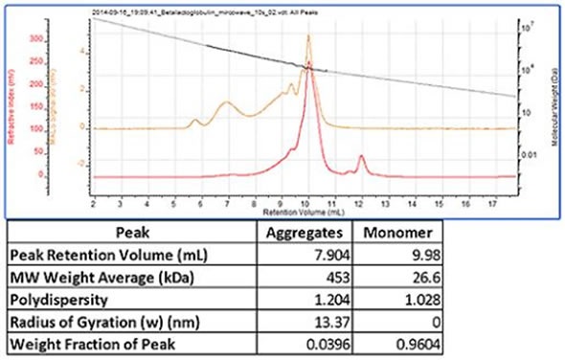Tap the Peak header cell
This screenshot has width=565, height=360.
(133, 232)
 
